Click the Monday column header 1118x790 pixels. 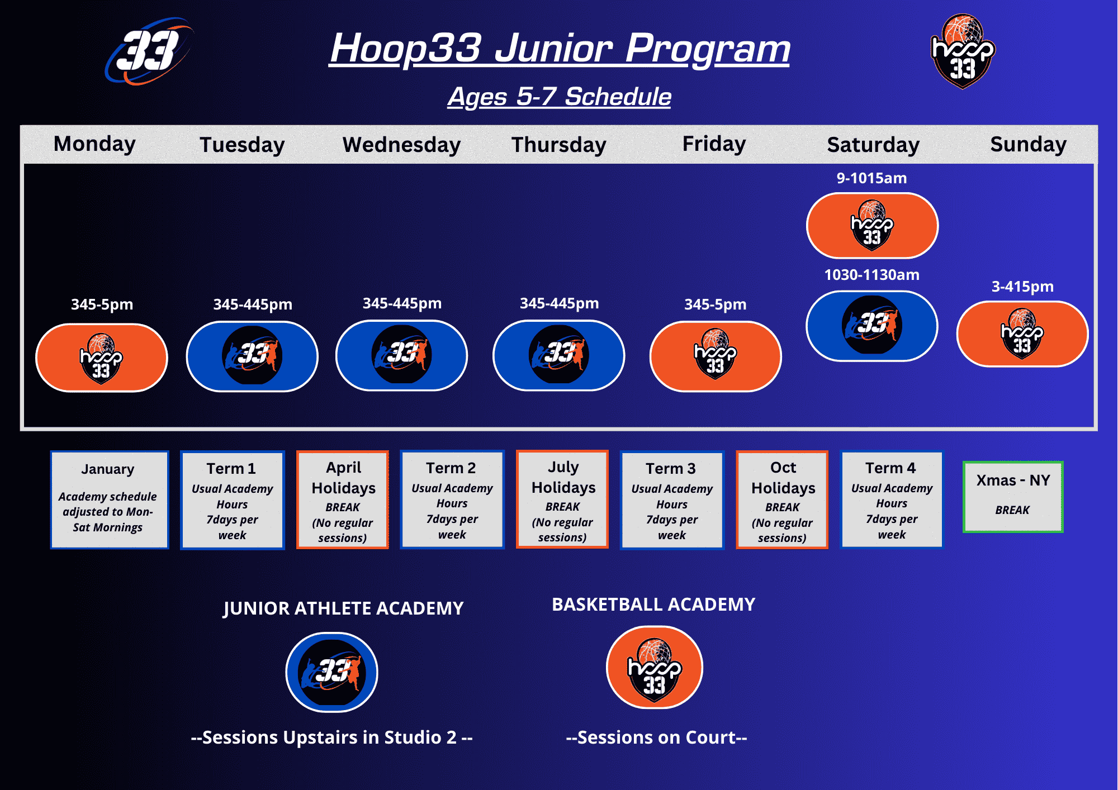(x=94, y=144)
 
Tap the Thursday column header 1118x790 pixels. (x=559, y=145)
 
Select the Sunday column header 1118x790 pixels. (x=1028, y=144)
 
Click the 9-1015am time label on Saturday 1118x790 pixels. (x=871, y=178)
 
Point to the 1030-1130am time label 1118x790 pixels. (x=871, y=275)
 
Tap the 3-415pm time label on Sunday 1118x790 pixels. (x=1022, y=287)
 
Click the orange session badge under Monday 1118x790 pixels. (x=102, y=358)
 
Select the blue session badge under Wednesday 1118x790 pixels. (x=401, y=355)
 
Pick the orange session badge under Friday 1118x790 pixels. (x=716, y=356)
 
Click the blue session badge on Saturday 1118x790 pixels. (x=871, y=326)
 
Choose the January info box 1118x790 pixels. (x=110, y=500)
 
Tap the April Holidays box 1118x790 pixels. (x=343, y=500)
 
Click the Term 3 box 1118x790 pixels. (x=672, y=500)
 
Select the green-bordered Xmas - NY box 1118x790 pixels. (x=1013, y=497)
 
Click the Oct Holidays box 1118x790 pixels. (x=782, y=500)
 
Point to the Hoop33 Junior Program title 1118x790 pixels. (x=560, y=49)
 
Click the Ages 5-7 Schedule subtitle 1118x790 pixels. (x=559, y=97)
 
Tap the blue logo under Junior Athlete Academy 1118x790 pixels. (x=332, y=672)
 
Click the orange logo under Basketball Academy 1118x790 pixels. (x=655, y=667)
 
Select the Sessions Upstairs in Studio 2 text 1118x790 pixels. (x=332, y=737)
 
